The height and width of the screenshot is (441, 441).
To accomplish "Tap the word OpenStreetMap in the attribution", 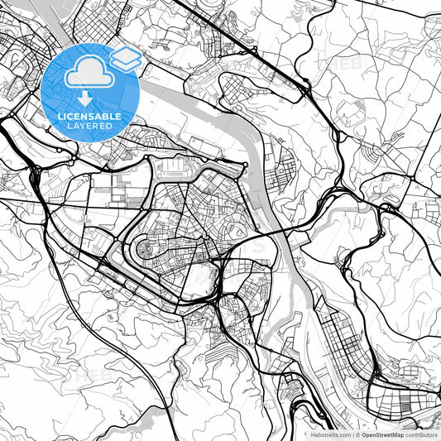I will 381,434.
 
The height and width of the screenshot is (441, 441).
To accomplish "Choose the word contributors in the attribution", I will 422,434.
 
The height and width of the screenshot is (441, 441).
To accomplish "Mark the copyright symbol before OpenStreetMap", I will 358,434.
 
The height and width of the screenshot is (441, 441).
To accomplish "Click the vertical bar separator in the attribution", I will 352,434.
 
